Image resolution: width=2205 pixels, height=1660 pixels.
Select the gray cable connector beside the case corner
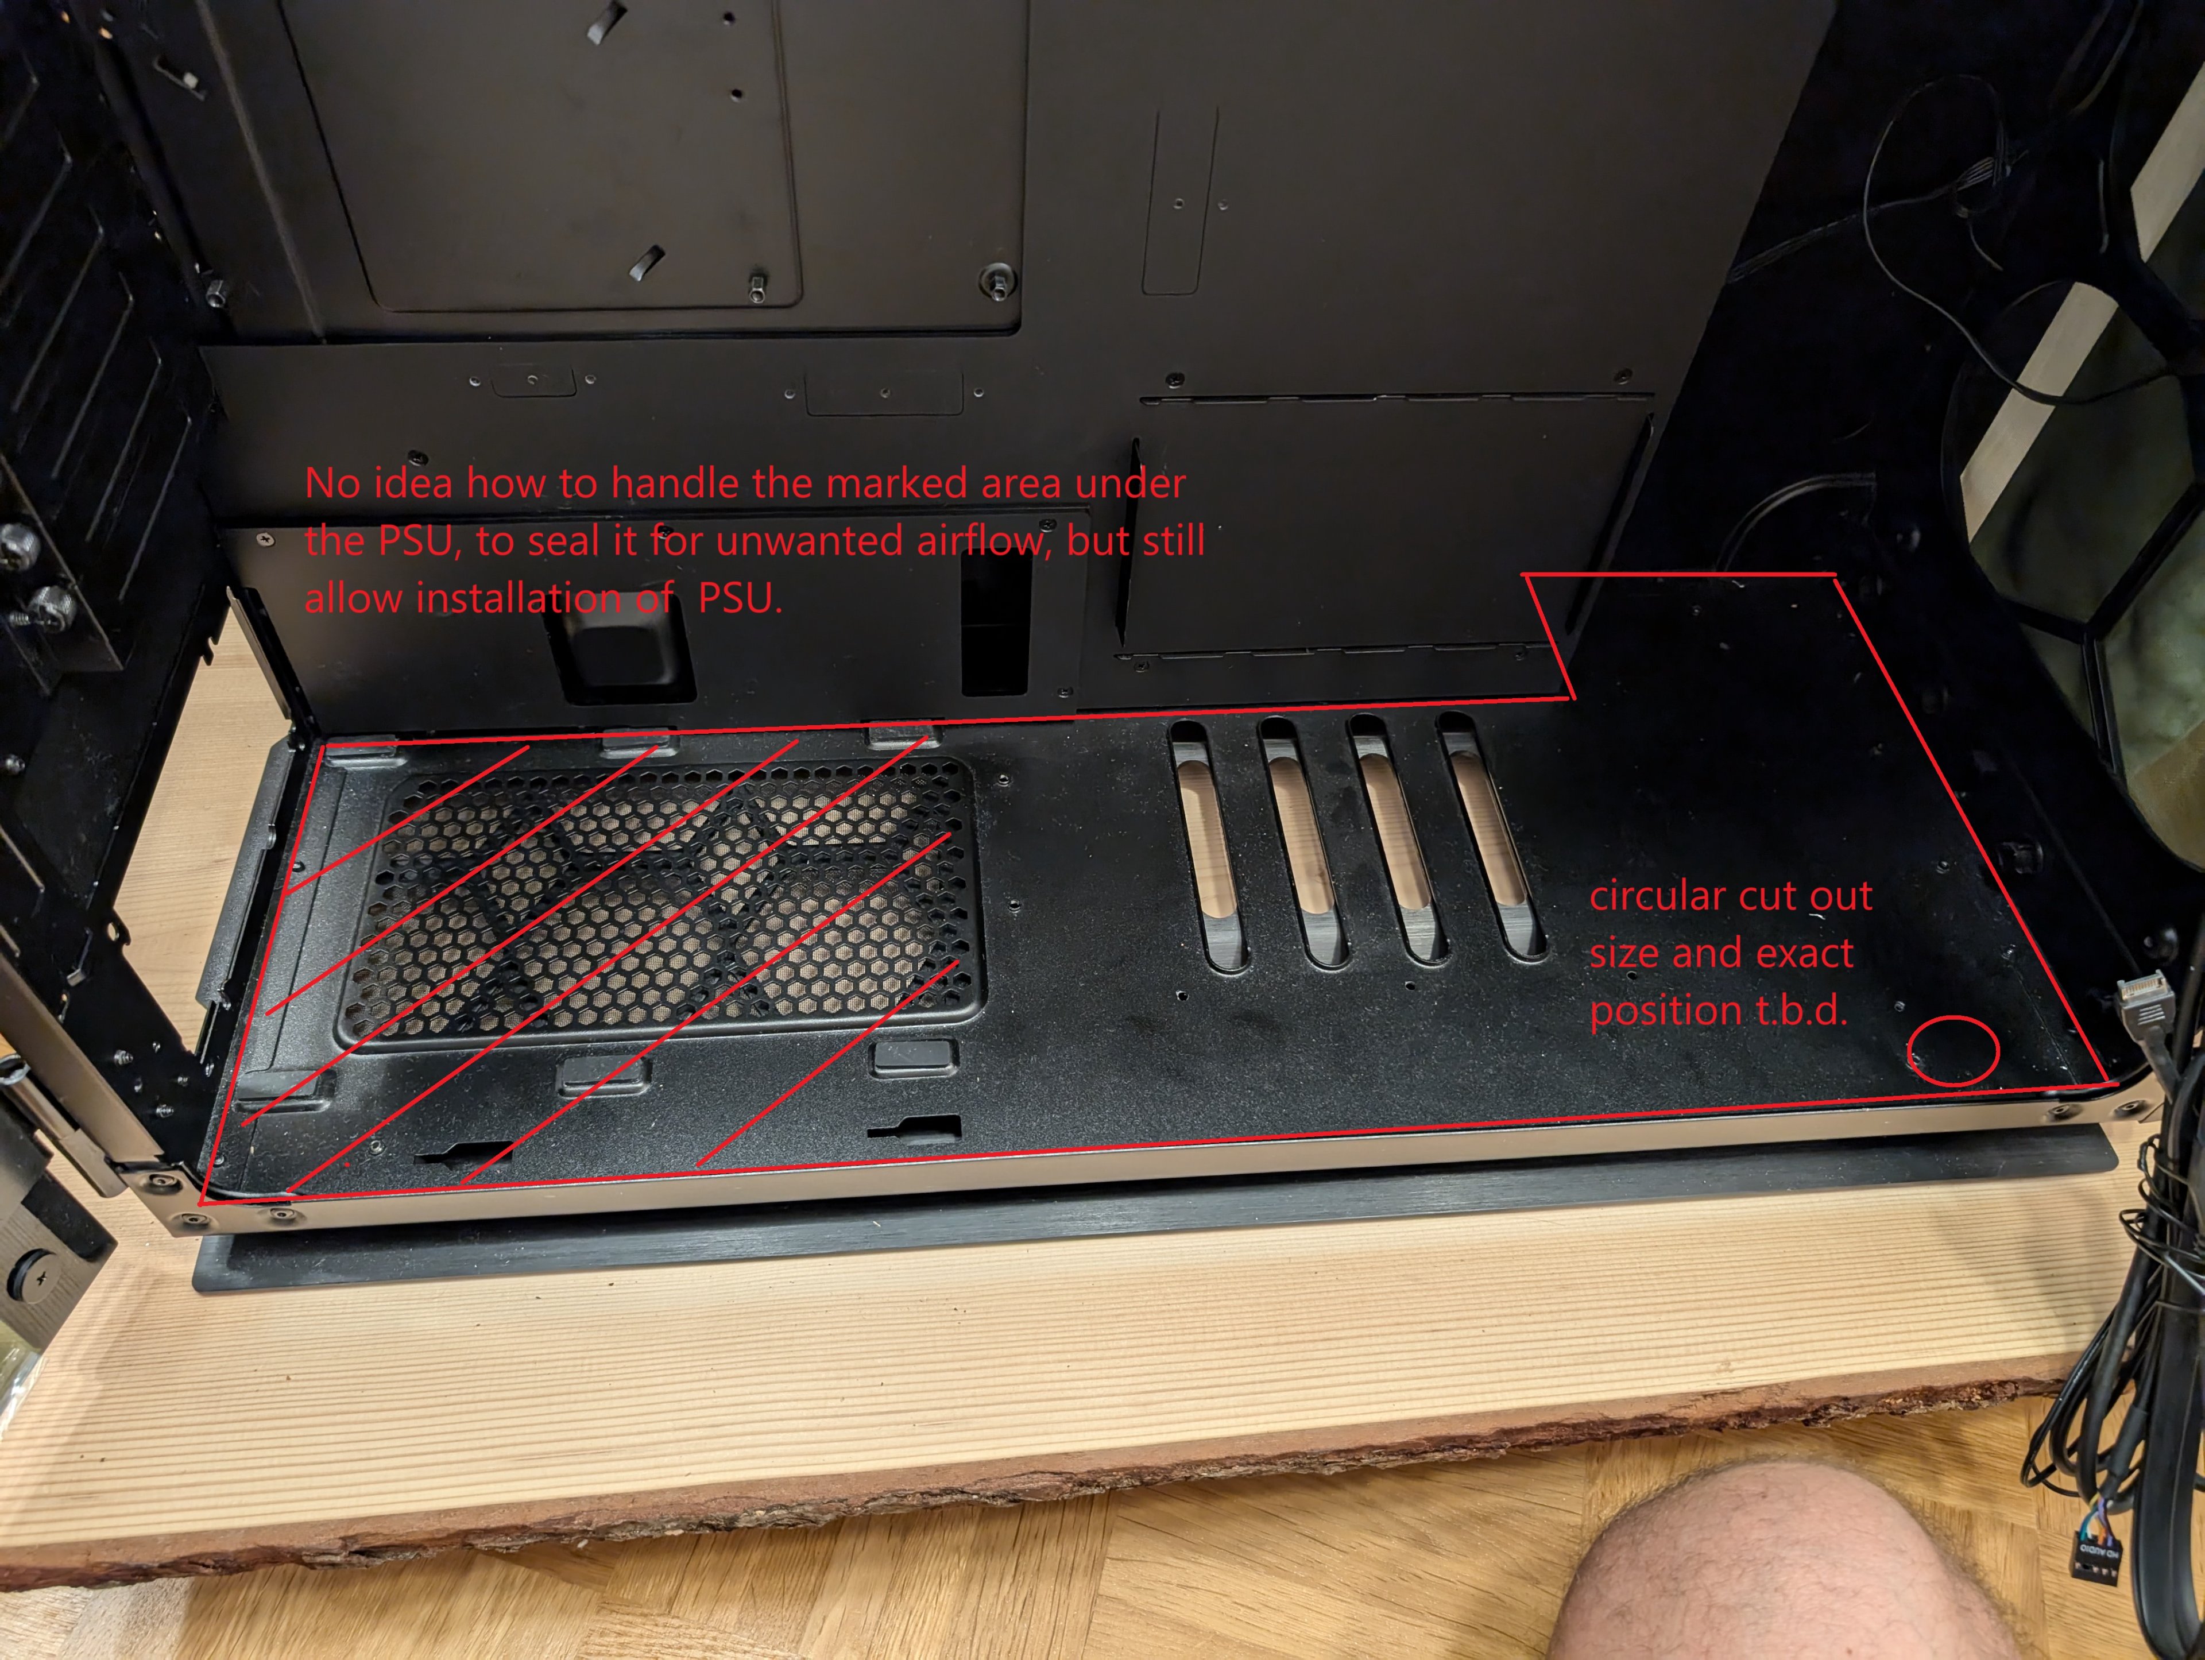tap(2143, 1002)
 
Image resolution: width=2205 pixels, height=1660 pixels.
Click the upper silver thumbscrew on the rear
tap(18, 547)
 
